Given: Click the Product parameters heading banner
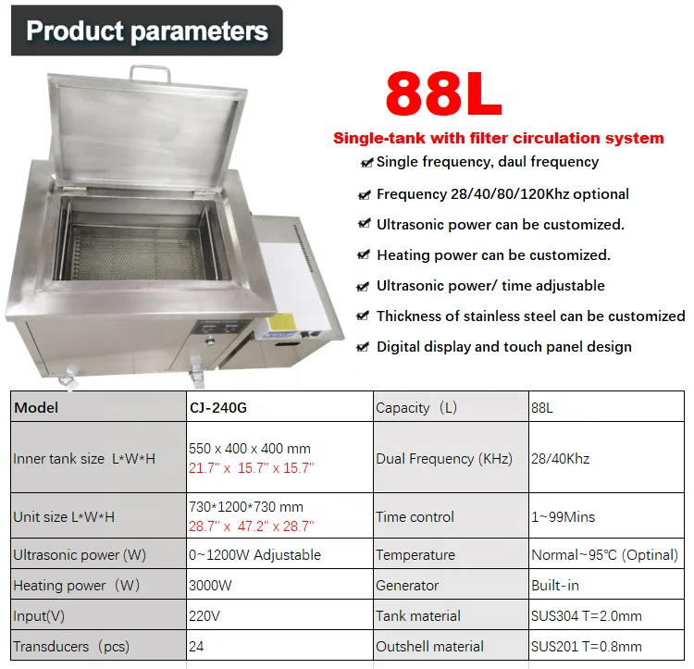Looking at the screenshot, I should click(146, 31).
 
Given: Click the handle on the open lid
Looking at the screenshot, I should click(150, 72).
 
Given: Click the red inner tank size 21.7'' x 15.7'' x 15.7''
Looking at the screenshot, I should click(251, 469).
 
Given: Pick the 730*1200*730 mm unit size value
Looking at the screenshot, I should click(245, 507).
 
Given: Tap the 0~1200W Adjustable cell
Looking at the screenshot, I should click(254, 555).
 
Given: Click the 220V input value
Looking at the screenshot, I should click(204, 616).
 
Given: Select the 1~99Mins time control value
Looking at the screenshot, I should click(563, 517).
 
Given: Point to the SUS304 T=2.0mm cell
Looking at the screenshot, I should click(586, 616).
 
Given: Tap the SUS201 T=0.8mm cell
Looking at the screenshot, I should click(586, 647).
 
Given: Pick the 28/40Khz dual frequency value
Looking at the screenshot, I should click(560, 459).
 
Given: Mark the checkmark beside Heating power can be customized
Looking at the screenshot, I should click(364, 255).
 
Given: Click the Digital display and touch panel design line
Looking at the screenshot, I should click(503, 347).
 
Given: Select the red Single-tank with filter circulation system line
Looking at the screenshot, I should click(498, 139).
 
